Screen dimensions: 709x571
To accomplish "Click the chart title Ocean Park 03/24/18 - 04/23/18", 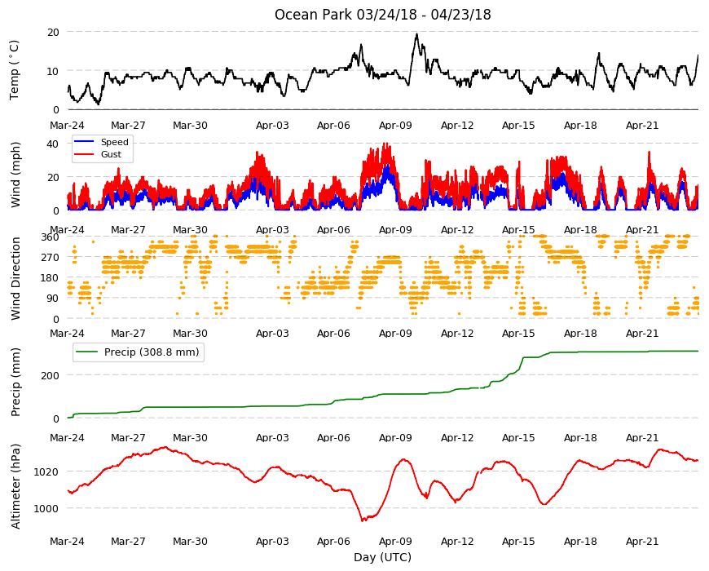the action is point(382,15).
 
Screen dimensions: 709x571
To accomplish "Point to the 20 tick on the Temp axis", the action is point(53,32).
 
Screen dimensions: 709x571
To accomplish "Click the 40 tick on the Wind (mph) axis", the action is point(52,144).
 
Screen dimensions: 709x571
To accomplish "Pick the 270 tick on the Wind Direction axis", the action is point(51,257).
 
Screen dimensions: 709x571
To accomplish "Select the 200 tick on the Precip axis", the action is point(51,375).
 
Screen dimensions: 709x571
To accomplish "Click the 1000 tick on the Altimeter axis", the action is point(46,508).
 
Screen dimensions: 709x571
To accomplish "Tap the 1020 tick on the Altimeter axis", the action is point(46,471).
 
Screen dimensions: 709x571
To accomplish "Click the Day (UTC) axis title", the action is point(382,557).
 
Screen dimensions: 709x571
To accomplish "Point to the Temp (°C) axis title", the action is point(15,70).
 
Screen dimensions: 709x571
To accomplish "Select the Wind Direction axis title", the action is point(15,278).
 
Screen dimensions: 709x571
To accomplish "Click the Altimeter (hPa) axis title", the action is point(15,486).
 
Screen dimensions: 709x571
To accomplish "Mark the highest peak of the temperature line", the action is point(417,33).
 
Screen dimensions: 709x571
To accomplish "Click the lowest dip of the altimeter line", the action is point(362,520).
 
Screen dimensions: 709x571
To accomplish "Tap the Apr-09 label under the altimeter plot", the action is point(395,541).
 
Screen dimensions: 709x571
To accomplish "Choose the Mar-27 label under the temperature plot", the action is point(129,126).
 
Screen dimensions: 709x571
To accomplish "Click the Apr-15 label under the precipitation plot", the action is point(518,437).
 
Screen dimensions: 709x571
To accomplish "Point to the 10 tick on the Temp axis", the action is point(53,71).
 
